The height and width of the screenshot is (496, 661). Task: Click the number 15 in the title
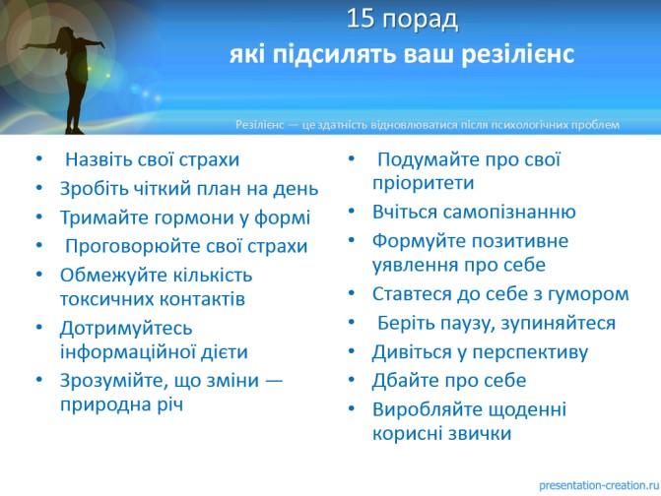[360, 19]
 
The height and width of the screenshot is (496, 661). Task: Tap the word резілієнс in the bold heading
[518, 55]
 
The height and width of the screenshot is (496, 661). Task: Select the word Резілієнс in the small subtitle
[260, 125]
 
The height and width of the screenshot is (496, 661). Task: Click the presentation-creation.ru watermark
[600, 485]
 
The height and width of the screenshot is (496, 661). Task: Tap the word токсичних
[106, 299]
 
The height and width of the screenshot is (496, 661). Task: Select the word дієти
[224, 352]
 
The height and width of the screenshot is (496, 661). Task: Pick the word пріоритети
[424, 184]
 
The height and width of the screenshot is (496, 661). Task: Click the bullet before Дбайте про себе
[352, 380]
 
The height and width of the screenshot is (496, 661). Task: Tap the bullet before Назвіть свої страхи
[39, 159]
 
